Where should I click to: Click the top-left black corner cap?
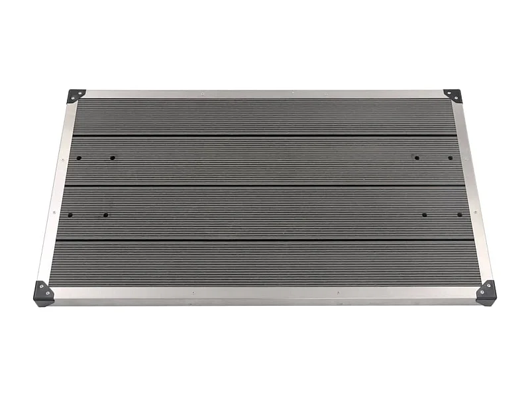(x=76, y=96)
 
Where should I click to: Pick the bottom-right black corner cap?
(x=486, y=292)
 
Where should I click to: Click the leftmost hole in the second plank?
(x=79, y=158)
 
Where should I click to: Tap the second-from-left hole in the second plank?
(x=113, y=158)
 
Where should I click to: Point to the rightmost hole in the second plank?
(x=450, y=158)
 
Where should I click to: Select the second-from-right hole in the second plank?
(x=417, y=157)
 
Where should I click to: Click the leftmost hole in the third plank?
(x=70, y=215)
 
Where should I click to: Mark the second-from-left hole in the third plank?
(x=105, y=215)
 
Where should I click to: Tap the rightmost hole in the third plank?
(x=460, y=215)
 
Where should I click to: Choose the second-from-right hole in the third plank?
(x=424, y=215)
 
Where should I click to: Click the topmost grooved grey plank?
(x=265, y=117)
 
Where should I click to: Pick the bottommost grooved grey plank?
(x=265, y=262)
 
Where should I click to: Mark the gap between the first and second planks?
(x=265, y=136)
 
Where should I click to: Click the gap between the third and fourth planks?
(x=265, y=239)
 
